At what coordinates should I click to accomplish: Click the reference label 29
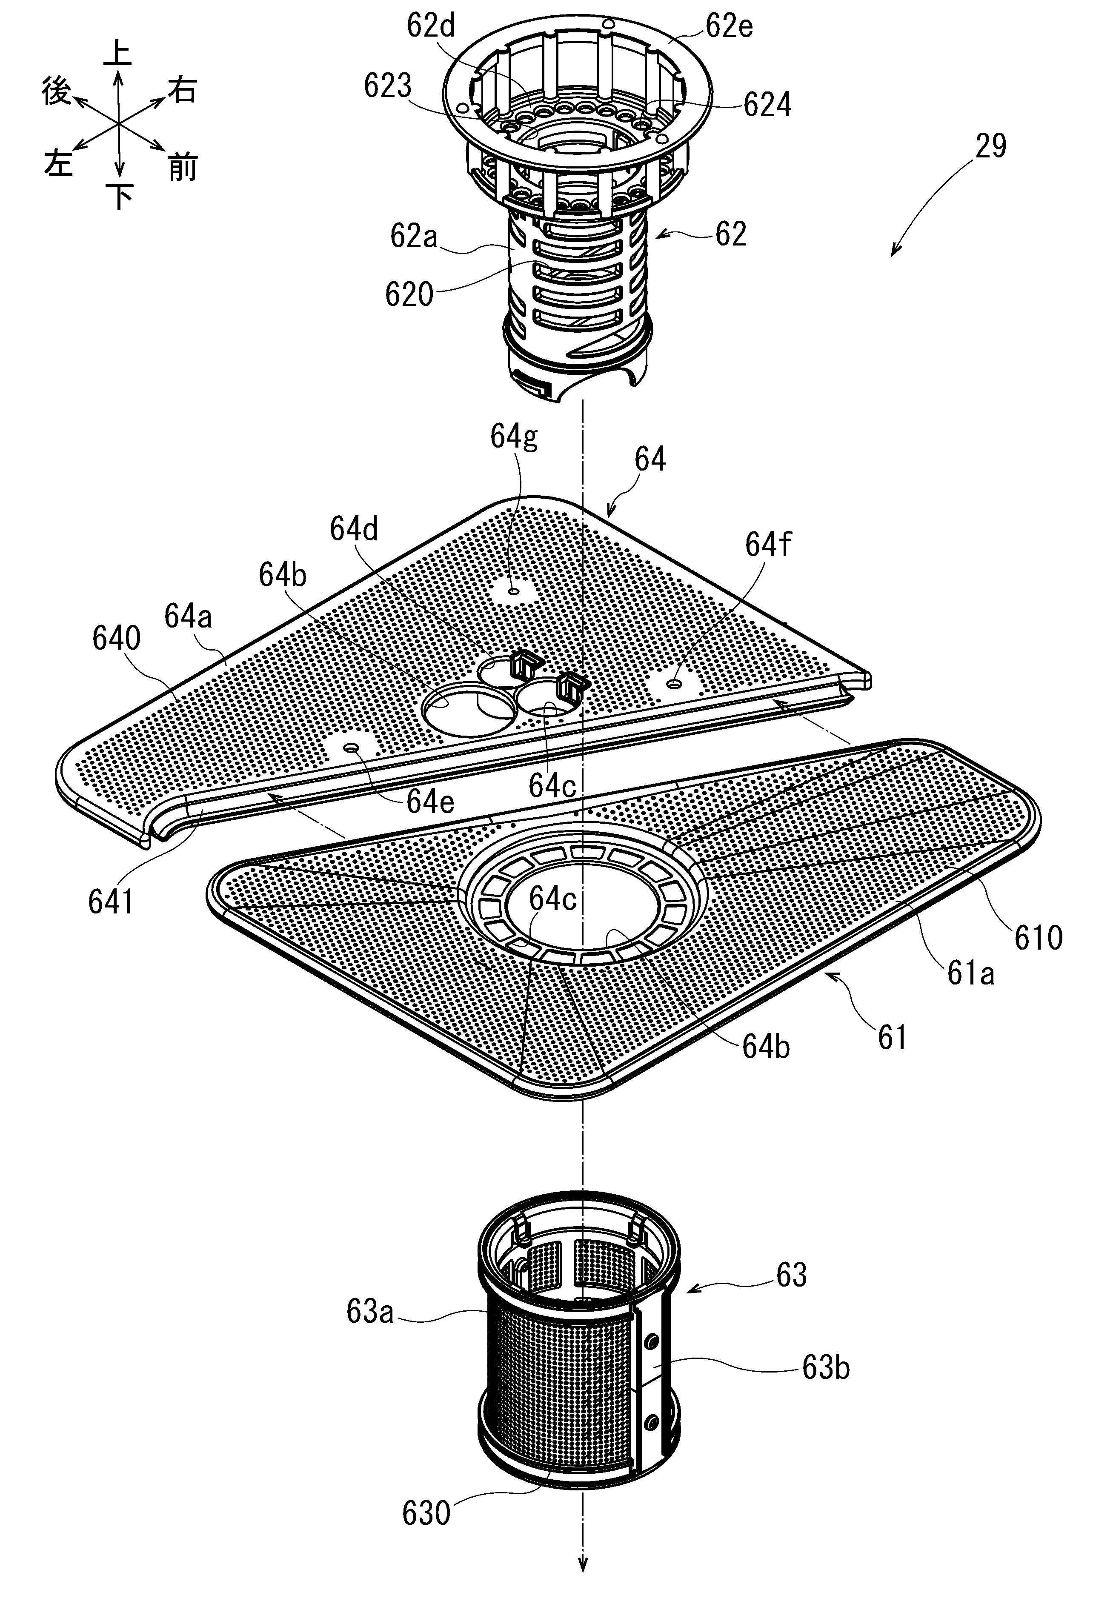tap(990, 146)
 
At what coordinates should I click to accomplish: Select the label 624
tap(767, 105)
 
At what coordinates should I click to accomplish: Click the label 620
tap(409, 294)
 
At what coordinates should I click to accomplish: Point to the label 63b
tap(826, 1368)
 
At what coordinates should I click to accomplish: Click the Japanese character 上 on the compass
tap(117, 54)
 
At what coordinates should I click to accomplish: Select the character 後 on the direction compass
tap(57, 91)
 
